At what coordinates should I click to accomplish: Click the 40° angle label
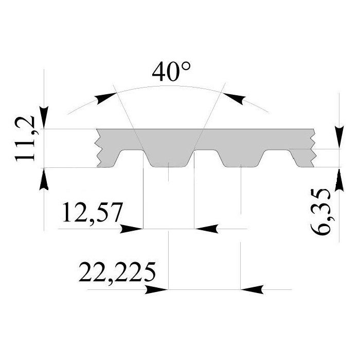click(x=171, y=72)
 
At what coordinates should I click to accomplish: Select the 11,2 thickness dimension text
click(x=25, y=139)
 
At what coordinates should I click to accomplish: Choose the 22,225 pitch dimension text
click(x=117, y=273)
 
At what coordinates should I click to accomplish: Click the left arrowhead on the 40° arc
click(x=106, y=98)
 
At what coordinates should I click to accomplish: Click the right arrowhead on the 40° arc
click(x=233, y=98)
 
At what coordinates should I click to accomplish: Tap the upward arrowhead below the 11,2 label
click(x=44, y=179)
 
